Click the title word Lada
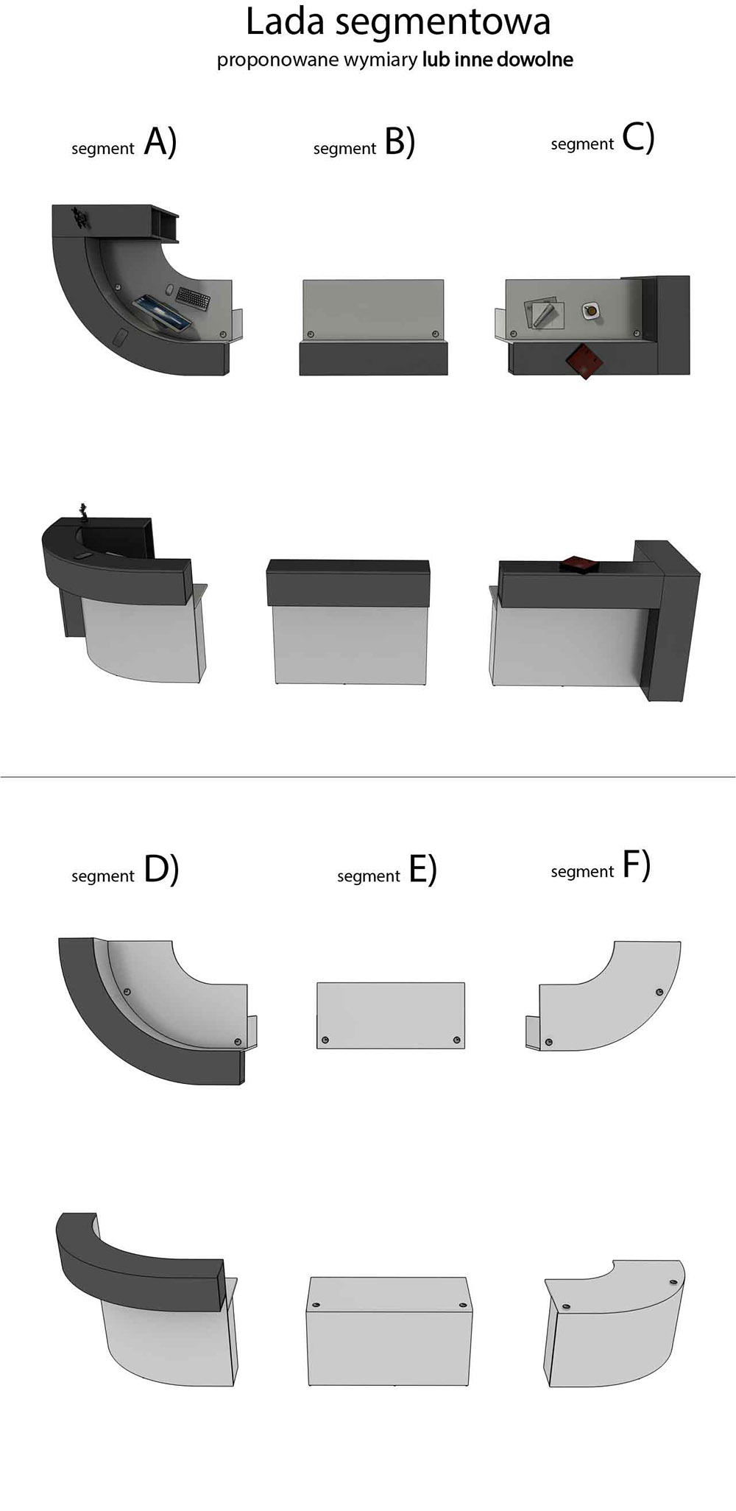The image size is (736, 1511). click(284, 21)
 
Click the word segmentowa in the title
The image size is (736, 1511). click(442, 24)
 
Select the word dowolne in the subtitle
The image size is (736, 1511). click(535, 60)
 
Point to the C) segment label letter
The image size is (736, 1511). click(638, 137)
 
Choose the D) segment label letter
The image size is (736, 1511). click(162, 869)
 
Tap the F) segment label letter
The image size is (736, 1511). click(637, 864)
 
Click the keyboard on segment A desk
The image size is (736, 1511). click(193, 297)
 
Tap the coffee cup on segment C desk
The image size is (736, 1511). click(591, 311)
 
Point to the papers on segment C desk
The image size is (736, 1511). click(545, 313)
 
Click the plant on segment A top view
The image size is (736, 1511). click(79, 218)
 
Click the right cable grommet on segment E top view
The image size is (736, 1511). click(457, 1040)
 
